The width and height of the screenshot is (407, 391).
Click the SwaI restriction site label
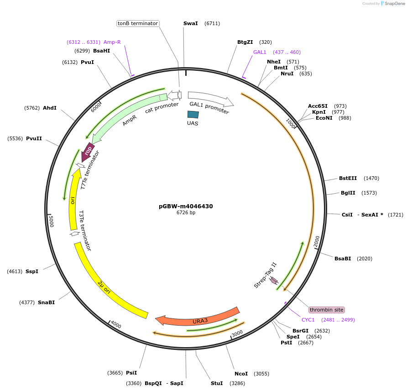click(190, 23)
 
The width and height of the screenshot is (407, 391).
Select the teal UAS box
click(193, 115)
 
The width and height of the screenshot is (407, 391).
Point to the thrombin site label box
click(326, 310)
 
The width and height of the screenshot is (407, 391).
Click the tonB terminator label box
click(138, 23)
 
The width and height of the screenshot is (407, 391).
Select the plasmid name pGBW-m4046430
click(186, 206)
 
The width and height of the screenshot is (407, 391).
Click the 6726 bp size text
click(186, 213)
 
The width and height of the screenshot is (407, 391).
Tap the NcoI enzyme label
click(241, 374)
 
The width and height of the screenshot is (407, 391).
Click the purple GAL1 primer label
click(260, 52)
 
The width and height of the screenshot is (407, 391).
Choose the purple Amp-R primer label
click(112, 42)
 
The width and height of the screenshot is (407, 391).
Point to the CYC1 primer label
click(308, 320)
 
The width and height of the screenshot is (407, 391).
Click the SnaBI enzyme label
click(46, 302)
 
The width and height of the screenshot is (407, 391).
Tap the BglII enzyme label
click(348, 193)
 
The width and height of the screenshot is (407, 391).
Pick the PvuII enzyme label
click(34, 138)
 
